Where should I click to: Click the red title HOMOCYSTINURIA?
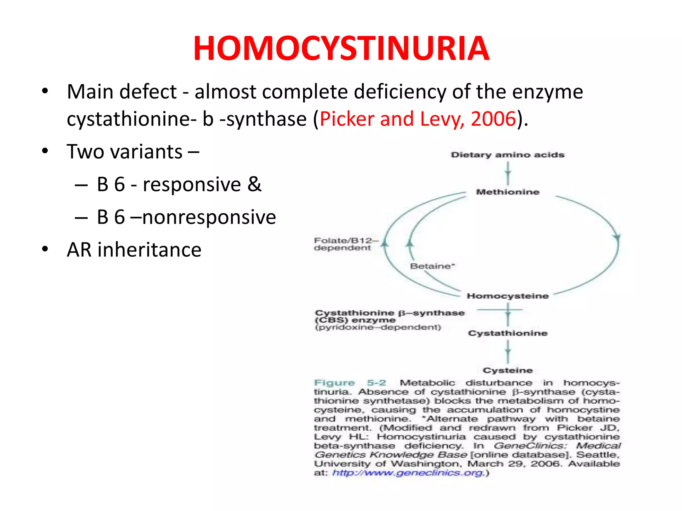[341, 49]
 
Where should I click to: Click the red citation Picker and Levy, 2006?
[418, 119]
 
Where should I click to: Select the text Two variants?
[125, 152]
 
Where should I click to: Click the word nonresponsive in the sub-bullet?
[209, 217]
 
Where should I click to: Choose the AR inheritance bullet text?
[134, 250]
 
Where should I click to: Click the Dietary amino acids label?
[508, 155]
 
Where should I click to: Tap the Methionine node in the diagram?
[508, 192]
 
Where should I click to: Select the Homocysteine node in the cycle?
[508, 296]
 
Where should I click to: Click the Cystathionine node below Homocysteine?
[508, 333]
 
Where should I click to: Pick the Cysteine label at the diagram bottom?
[508, 370]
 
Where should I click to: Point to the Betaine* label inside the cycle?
[432, 266]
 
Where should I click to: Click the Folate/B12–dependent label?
[345, 244]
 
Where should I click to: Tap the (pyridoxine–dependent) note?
[378, 327]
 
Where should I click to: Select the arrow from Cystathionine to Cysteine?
[508, 352]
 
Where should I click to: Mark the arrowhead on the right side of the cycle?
[617, 238]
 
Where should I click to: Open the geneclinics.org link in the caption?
[408, 473]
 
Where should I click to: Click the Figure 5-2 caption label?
[350, 383]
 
